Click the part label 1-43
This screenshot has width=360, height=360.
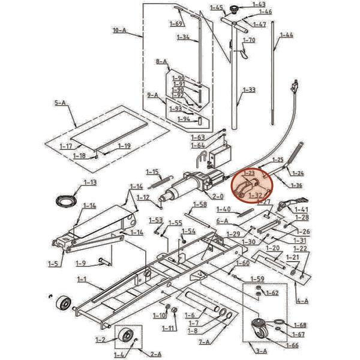click(259, 4)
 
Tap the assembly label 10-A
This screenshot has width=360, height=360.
click(119, 29)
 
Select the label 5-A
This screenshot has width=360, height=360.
click(60, 103)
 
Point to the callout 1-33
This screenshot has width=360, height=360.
click(248, 90)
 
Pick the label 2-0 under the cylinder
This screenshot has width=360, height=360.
click(217, 196)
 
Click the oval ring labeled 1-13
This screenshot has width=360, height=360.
click(64, 199)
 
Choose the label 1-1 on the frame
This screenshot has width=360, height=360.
click(82, 279)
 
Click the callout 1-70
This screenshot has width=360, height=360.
click(249, 40)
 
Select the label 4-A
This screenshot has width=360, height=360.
click(303, 301)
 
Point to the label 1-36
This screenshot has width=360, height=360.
click(296, 185)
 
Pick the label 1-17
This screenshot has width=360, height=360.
click(66, 146)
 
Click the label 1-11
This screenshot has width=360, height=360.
click(170, 328)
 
